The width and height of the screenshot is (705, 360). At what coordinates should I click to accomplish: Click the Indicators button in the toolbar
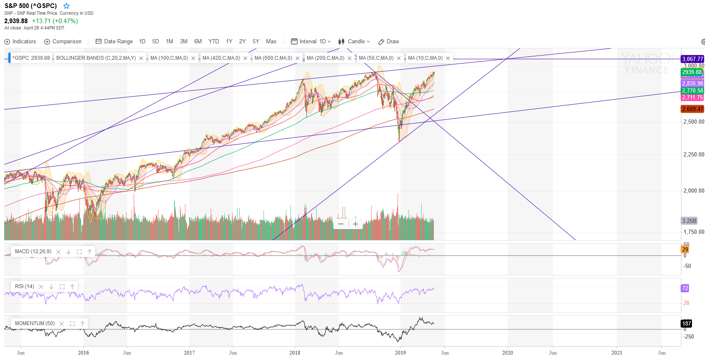(x=20, y=42)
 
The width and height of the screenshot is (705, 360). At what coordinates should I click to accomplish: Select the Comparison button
(x=63, y=42)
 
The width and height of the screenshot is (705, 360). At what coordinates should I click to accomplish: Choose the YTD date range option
(x=214, y=42)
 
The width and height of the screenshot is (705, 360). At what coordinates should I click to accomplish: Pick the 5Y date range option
(x=256, y=42)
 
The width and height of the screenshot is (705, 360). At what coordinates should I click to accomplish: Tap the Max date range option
(x=271, y=42)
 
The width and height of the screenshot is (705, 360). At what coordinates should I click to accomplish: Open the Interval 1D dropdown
(x=311, y=42)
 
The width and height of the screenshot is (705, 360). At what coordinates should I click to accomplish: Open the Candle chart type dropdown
(x=354, y=42)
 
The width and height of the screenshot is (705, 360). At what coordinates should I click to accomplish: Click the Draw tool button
(x=389, y=42)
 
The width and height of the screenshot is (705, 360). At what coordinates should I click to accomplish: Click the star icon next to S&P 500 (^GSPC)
(x=66, y=6)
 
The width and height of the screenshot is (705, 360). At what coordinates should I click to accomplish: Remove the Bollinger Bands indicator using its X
(x=141, y=58)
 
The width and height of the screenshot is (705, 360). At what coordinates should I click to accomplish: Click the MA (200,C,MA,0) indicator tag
(x=325, y=58)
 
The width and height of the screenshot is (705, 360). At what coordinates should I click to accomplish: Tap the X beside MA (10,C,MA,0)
(x=448, y=58)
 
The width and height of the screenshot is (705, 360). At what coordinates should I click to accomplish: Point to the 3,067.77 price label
(x=692, y=59)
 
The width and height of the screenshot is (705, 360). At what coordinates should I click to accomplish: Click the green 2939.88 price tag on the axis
(x=692, y=72)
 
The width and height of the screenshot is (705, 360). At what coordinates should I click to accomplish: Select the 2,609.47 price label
(x=692, y=109)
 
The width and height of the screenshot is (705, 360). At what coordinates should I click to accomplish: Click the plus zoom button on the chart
(x=356, y=224)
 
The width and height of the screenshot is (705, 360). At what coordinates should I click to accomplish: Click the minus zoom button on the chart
(x=341, y=224)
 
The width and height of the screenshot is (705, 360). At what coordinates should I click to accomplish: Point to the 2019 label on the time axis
(x=400, y=353)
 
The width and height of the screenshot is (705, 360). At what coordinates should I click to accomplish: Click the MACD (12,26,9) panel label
(x=33, y=251)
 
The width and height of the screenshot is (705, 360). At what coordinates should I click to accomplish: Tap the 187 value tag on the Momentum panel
(x=687, y=323)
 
